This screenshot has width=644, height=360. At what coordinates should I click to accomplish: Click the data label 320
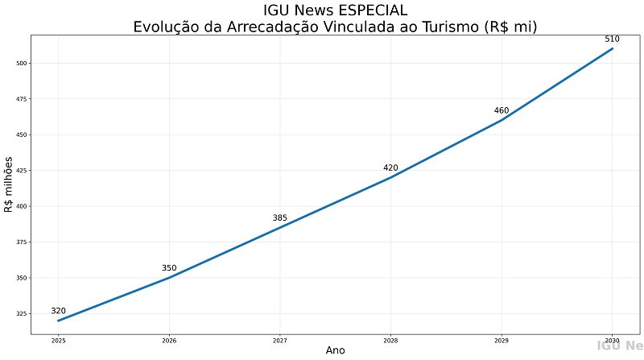(58, 311)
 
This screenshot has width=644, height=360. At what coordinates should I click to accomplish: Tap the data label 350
(169, 268)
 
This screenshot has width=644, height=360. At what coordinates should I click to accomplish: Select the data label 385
(279, 218)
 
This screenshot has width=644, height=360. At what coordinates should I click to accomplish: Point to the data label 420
(390, 168)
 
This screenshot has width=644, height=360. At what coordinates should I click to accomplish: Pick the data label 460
(502, 110)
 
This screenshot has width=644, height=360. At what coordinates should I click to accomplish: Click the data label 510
(612, 39)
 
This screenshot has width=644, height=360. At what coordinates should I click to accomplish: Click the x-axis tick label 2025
(58, 341)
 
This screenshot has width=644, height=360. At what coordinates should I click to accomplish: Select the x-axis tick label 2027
(279, 341)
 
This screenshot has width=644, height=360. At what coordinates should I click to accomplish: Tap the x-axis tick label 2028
(390, 341)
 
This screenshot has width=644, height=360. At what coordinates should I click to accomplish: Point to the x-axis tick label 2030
(612, 341)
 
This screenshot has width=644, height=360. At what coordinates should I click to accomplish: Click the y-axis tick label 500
(22, 63)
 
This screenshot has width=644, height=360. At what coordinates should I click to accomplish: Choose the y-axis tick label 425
(22, 171)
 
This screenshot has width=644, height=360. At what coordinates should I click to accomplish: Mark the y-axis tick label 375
(22, 242)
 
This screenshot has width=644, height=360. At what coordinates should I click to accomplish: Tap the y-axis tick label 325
(22, 314)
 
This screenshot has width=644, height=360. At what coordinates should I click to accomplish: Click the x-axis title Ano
(335, 350)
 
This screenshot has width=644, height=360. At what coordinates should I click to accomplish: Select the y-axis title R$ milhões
(9, 184)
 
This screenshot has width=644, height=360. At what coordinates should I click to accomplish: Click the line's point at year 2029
(502, 120)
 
